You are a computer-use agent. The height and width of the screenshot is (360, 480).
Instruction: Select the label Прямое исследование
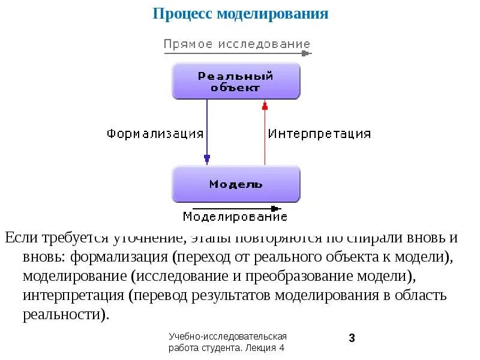click(x=237, y=44)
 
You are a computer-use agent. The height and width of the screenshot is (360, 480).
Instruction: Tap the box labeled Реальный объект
click(x=236, y=81)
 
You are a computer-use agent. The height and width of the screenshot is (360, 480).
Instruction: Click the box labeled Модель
click(x=236, y=184)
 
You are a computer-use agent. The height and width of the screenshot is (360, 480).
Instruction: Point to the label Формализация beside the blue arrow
click(x=155, y=133)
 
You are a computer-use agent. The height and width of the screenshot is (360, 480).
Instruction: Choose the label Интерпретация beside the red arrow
click(x=319, y=133)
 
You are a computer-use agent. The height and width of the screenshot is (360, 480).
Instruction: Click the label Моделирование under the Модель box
click(x=235, y=217)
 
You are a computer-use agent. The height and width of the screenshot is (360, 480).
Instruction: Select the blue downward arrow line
click(x=207, y=129)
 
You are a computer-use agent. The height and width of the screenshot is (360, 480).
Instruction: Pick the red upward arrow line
click(x=265, y=135)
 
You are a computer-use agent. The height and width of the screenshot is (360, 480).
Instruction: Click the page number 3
click(x=352, y=338)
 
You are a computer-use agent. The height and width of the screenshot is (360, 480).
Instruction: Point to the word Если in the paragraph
click(x=22, y=238)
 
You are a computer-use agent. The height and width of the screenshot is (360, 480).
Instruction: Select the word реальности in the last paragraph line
click(x=65, y=315)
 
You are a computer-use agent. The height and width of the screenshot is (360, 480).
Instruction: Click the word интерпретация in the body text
click(x=71, y=296)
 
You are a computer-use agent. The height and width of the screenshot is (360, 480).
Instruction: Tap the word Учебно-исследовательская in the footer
click(x=229, y=337)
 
